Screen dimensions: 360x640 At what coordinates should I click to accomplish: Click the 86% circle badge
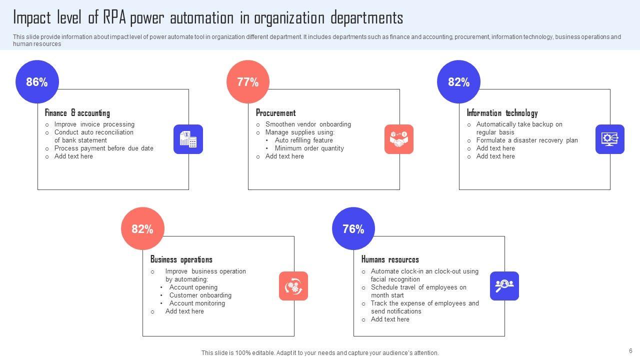[x=37, y=82]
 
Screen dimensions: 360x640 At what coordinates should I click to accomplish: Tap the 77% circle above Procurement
[x=248, y=82]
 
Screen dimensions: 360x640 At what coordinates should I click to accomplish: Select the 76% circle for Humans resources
[x=353, y=229]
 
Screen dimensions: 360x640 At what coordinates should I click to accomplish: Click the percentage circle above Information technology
[x=458, y=82]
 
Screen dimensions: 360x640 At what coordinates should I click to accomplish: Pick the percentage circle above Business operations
[x=142, y=229]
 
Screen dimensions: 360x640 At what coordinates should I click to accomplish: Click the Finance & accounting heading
[x=77, y=113]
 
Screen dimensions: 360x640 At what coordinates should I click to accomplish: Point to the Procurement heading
[x=275, y=113]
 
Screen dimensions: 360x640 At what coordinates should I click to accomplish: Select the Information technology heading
[x=502, y=113]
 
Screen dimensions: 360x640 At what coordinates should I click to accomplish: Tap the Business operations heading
[x=181, y=259]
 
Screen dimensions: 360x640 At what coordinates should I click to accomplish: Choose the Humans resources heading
[x=390, y=259]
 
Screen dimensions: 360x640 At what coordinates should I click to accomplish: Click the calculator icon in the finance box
[x=188, y=139]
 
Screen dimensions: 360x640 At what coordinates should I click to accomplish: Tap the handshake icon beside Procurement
[x=399, y=139]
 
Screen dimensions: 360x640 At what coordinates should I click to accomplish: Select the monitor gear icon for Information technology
[x=610, y=139]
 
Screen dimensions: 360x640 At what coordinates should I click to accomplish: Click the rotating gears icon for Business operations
[x=293, y=286]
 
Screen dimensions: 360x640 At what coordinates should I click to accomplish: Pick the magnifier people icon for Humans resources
[x=504, y=286]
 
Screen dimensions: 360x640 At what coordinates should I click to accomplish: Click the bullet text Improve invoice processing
[x=94, y=124]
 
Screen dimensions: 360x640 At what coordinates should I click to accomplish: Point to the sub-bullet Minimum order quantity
[x=309, y=148]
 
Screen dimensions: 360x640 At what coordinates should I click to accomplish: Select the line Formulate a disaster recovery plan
[x=527, y=140]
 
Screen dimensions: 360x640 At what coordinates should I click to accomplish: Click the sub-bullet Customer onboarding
[x=200, y=295]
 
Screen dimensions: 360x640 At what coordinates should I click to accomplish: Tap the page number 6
[x=630, y=351]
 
